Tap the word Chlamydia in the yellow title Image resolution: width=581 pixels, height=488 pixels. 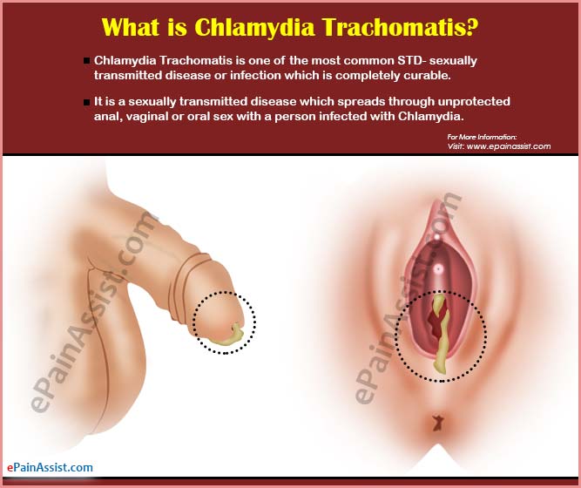point(254,28)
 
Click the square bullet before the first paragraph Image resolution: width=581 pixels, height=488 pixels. point(87,61)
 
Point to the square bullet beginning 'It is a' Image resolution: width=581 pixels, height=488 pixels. point(87,102)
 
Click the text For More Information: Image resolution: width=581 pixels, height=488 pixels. point(482,137)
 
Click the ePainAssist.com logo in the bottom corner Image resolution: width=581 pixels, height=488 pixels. point(50,468)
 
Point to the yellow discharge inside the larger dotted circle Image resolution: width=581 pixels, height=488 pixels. point(441,334)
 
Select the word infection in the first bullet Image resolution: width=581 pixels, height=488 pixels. point(255,76)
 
